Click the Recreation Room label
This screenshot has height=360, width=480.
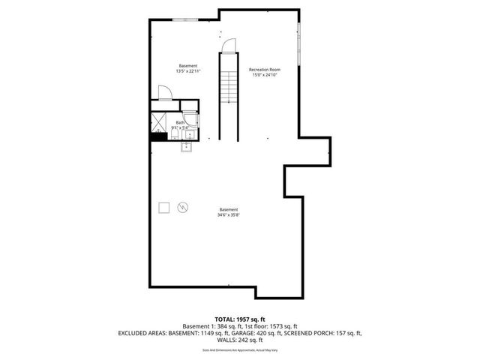(263, 70)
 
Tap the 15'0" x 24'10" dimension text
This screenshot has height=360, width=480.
(263, 75)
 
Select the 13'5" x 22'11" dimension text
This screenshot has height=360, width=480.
(188, 70)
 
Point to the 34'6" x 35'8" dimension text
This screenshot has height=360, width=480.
(229, 214)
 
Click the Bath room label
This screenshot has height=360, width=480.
(180, 122)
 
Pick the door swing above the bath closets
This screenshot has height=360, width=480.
(166, 92)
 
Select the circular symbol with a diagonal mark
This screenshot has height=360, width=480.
(183, 207)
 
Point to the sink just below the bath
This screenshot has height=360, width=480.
(186, 147)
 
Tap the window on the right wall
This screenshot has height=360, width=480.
(299, 44)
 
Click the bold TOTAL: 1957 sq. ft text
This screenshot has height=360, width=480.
(239, 319)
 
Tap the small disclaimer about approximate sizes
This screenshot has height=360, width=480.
(240, 350)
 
